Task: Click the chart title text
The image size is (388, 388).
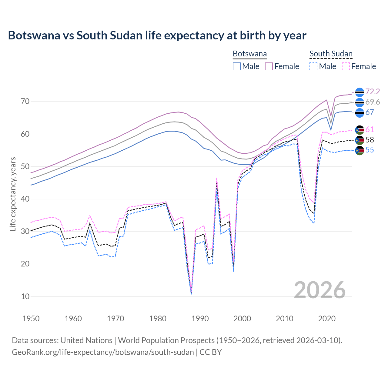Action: coord(157,35)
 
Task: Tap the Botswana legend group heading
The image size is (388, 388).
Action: coord(250,54)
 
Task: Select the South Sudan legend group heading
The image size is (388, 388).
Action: coord(331,54)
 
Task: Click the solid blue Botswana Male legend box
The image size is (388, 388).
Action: coord(237,66)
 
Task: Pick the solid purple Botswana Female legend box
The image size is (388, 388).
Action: coord(269,66)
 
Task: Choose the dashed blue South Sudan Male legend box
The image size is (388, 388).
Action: coord(313,66)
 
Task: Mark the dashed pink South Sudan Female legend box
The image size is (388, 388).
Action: coord(346,66)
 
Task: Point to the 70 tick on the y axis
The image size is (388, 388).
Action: coord(25,102)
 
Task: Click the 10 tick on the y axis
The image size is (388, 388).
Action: coord(25,296)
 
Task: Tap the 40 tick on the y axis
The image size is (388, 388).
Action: coord(25,199)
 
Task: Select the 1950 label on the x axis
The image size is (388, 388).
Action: coord(31,319)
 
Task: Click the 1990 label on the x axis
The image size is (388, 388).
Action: coord(200,319)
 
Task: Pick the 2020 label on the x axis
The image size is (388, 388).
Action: coord(327,319)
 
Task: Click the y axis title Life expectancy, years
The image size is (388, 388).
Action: coord(13,194)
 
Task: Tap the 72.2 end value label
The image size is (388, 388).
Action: coord(373,92)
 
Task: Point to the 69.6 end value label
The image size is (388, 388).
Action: coord(373,102)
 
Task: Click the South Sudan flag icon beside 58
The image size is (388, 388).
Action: coord(360,140)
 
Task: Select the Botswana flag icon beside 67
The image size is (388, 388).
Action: coord(360,112)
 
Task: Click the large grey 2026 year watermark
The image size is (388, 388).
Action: coord(320,290)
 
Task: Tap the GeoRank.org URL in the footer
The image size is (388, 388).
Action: coord(103,352)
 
